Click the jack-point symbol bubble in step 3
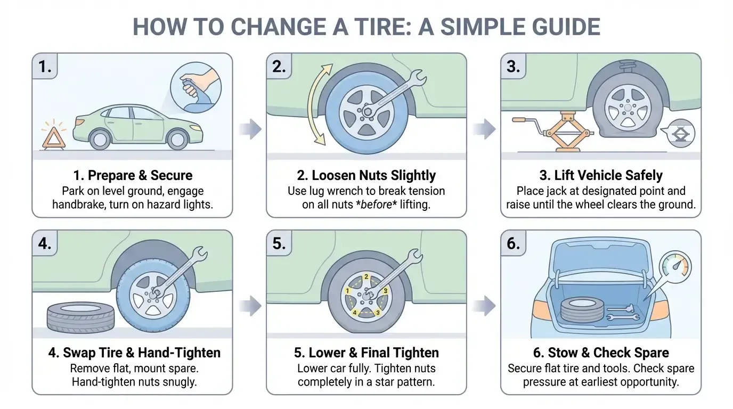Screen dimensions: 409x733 [x=679, y=134]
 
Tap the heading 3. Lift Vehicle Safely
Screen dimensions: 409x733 [x=601, y=176]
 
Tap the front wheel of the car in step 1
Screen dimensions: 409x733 [x=177, y=140]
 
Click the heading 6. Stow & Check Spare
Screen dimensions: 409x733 [x=601, y=353]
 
